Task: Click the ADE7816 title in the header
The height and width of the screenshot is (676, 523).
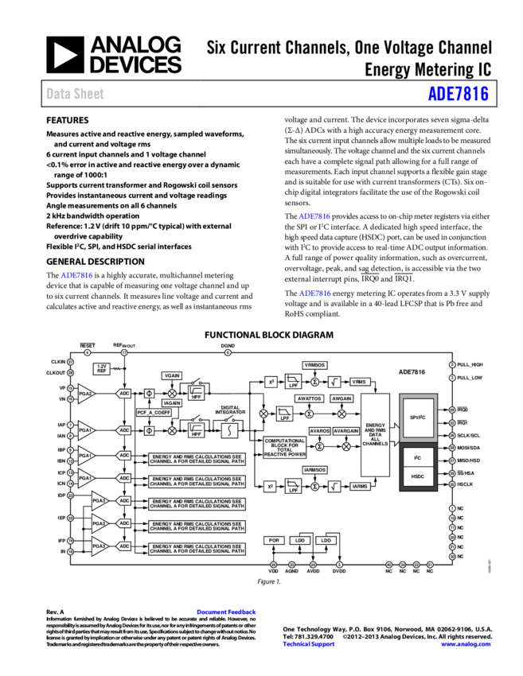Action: pos(458,94)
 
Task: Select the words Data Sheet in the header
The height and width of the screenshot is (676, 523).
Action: pos(75,94)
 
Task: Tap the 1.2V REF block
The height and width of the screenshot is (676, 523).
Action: pos(102,369)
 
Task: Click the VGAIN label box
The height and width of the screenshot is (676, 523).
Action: pos(172,375)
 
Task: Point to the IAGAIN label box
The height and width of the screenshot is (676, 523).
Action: pos(172,403)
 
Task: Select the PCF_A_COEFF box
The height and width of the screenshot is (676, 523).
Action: pos(154,413)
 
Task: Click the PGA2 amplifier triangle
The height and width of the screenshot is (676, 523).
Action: pos(86,394)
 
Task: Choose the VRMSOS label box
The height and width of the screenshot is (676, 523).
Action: pos(314,365)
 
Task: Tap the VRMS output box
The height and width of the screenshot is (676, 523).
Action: pos(360,382)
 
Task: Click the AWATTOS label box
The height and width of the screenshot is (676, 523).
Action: pos(310,398)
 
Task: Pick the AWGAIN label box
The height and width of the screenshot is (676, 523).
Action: pos(342,398)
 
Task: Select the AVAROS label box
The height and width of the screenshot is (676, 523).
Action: pos(319,431)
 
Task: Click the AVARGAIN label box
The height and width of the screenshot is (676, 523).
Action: pos(346,431)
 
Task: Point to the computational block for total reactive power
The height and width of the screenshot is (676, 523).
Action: pos(285,448)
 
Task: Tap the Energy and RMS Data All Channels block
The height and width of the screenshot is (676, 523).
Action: pos(376,434)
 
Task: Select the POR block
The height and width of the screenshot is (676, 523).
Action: pos(274,540)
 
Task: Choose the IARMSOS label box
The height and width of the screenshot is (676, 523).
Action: pos(314,470)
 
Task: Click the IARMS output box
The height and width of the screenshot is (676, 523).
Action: pos(360,486)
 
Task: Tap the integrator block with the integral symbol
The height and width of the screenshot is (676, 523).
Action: pos(230,430)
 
